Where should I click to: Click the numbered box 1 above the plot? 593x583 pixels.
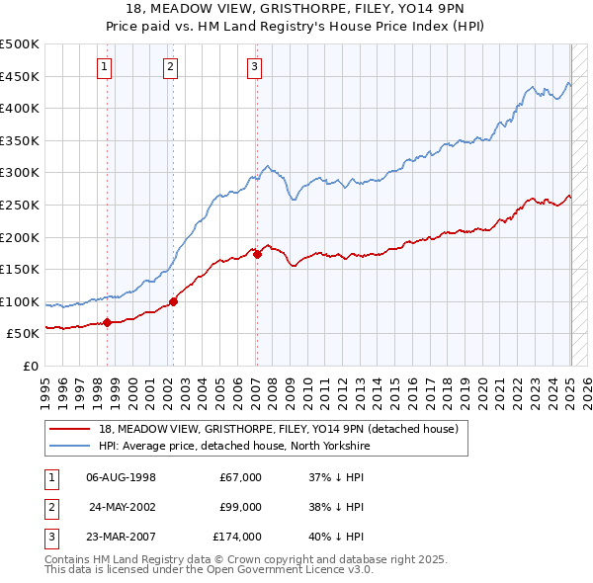(105, 67)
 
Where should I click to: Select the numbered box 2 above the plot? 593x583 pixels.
(170, 67)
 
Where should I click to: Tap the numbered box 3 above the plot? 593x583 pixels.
(254, 67)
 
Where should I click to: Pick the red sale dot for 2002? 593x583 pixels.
(173, 301)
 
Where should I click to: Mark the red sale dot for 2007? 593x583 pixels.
(257, 254)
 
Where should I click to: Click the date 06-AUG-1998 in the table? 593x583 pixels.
(122, 477)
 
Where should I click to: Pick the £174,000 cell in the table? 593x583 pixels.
(237, 537)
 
